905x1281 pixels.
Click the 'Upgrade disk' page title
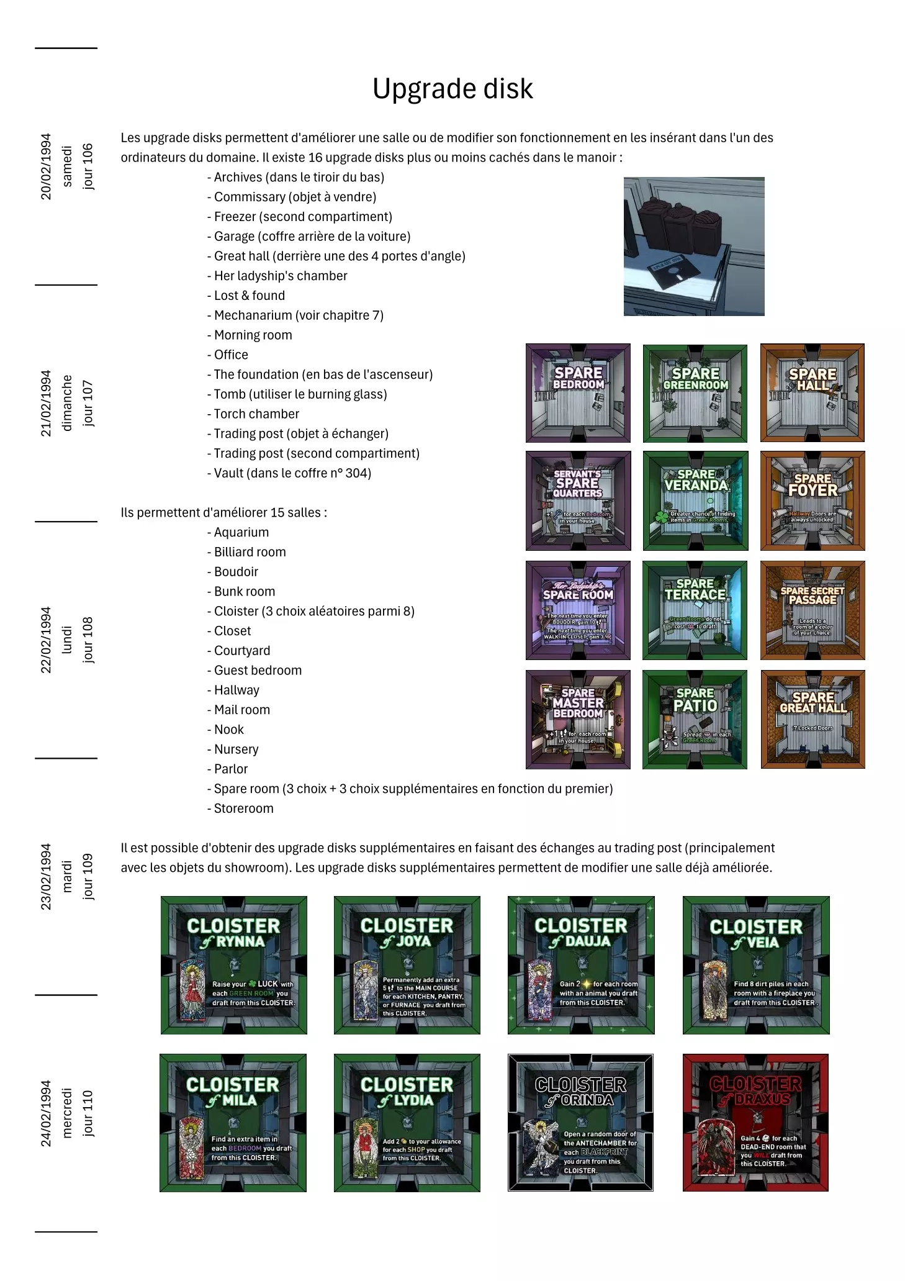click(452, 89)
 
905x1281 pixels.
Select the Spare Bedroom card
click(578, 392)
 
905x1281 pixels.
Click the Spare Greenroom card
click(695, 392)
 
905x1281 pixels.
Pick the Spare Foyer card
click(813, 500)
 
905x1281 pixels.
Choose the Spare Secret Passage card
click(813, 610)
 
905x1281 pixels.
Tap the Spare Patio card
click(695, 719)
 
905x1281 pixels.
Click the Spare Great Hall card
click(813, 719)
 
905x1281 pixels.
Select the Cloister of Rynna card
click(234, 965)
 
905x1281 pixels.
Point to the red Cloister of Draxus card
click(755, 1123)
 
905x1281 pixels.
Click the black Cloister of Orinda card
click(580, 1123)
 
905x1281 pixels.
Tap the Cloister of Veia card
click(756, 965)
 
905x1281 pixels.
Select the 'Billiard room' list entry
click(250, 552)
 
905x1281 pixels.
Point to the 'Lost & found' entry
click(249, 296)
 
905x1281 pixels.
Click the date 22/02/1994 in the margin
click(46, 640)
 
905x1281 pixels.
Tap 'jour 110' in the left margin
click(88, 1113)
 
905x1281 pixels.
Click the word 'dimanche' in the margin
click(67, 402)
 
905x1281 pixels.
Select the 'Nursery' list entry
click(236, 749)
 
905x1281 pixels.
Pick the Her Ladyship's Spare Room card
click(578, 610)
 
